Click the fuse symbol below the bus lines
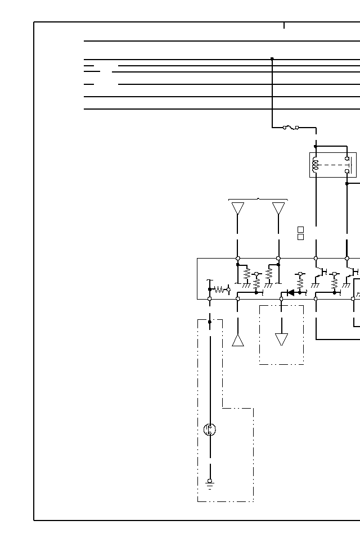[x=291, y=128]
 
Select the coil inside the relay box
[x=316, y=165]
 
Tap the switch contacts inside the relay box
[x=347, y=165]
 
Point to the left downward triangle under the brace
[x=238, y=208]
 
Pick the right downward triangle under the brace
[x=278, y=208]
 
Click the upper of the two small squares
[x=300, y=229]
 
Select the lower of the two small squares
[x=300, y=237]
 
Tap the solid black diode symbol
[x=291, y=292]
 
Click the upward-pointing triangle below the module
[x=238, y=340]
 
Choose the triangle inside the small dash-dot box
[x=281, y=339]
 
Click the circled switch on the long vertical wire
[x=210, y=429]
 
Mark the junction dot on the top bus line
[x=272, y=58]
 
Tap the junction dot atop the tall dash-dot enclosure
[x=210, y=322]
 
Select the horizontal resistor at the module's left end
[x=219, y=289]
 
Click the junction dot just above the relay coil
[x=316, y=146]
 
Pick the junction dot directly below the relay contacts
[x=347, y=183]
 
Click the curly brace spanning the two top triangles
[x=258, y=199]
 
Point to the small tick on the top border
[x=284, y=25]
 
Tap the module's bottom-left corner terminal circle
[x=210, y=299]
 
